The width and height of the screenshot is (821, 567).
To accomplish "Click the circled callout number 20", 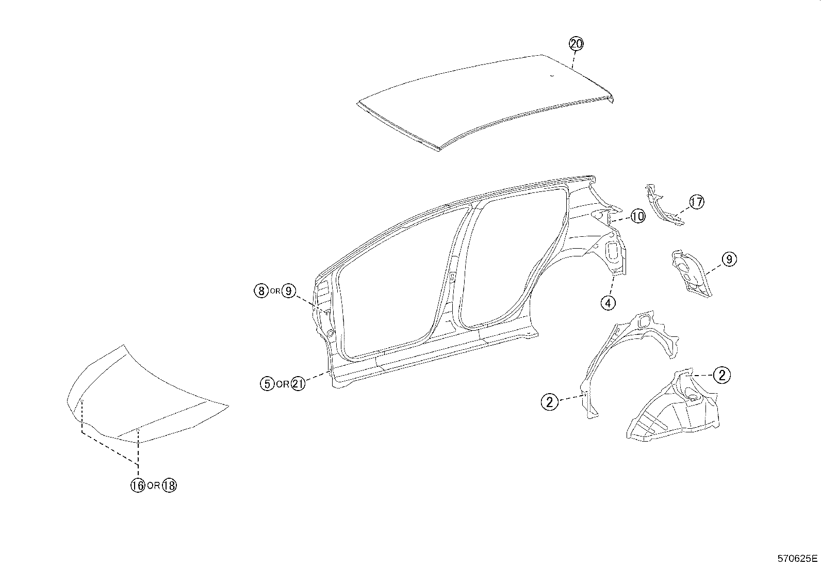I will point(576,44).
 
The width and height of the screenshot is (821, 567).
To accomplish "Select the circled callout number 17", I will point(696,202).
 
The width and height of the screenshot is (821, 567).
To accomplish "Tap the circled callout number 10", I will point(638,216).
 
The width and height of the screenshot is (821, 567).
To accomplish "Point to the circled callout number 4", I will point(608,303).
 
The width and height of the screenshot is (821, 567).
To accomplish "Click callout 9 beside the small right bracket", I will point(729,259).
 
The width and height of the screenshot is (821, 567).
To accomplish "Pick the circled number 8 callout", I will point(261,291).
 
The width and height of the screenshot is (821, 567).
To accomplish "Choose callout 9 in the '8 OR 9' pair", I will point(288,291).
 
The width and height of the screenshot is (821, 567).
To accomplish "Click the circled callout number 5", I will point(267,383).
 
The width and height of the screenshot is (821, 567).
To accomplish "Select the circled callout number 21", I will point(298,383).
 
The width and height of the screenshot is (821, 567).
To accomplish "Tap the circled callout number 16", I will point(138,485).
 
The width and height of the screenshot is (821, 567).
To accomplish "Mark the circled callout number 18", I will point(169,485).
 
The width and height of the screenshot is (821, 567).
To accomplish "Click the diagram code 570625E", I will point(798,558).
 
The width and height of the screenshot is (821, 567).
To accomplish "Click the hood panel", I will point(144,397).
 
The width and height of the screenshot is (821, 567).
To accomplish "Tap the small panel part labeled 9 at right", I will point(691,273).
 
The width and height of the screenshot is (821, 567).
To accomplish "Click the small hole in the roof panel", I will point(551,76).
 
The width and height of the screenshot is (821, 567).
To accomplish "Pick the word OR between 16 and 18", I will point(153,485).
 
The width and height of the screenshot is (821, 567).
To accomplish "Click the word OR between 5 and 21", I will point(283,384).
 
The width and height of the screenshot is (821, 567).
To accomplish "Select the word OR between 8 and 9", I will point(275,291).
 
